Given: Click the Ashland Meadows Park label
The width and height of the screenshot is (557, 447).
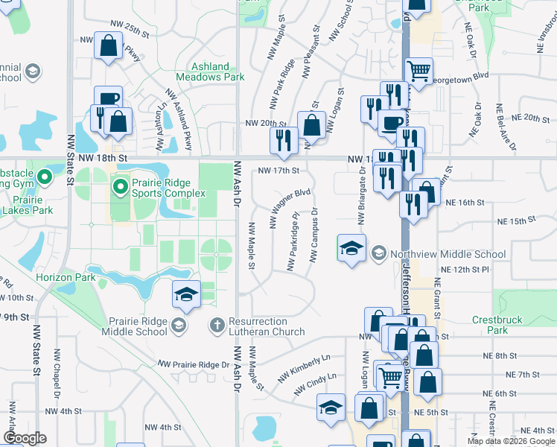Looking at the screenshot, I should [x=210, y=72].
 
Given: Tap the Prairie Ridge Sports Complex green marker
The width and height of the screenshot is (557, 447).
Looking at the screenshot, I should [x=120, y=183].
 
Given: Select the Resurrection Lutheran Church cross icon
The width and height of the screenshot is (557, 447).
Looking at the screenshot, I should [x=217, y=324].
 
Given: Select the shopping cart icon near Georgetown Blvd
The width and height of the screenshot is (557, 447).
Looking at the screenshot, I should [x=418, y=72].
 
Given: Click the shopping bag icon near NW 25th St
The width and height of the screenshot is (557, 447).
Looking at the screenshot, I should [x=109, y=45].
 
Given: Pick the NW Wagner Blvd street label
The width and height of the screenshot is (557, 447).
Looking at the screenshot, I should [x=289, y=208].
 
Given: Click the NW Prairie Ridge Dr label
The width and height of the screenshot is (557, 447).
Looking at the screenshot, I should [x=193, y=364].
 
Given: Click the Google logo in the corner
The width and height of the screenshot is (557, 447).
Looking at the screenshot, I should [x=25, y=438].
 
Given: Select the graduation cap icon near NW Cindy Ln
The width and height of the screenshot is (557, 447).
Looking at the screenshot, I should [x=331, y=408].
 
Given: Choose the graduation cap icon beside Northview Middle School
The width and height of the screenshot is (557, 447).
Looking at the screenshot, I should [x=351, y=247].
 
